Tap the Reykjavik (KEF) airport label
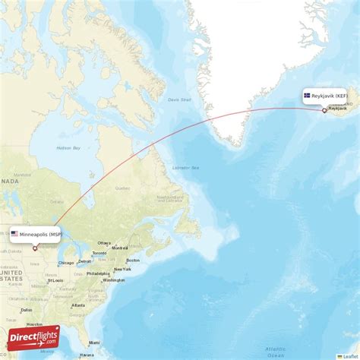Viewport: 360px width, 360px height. (327, 96)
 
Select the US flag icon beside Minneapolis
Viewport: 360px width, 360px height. (14, 234)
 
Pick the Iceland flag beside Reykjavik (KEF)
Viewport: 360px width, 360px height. (307, 96)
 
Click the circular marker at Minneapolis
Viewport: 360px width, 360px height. (34, 248)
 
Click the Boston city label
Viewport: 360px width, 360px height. (133, 260)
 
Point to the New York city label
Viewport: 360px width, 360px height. (121, 270)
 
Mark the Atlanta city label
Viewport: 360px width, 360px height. (77, 305)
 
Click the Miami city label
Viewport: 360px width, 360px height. (93, 343)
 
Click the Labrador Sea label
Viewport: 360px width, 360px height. (185, 167)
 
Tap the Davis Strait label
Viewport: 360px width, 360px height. (180, 99)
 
